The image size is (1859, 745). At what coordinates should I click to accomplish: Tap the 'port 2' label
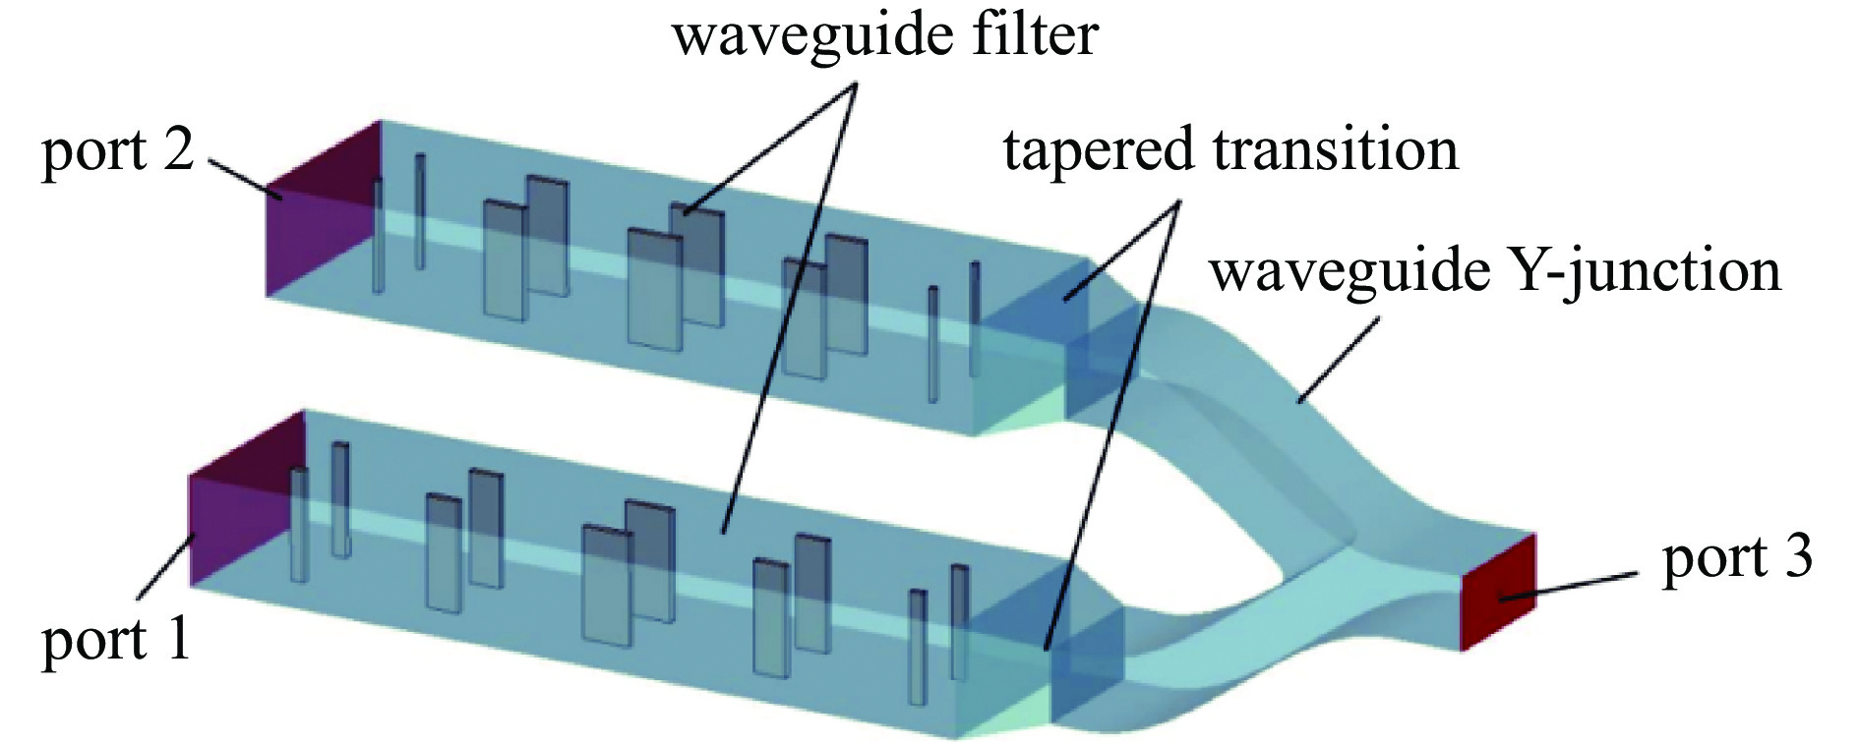pos(118,152)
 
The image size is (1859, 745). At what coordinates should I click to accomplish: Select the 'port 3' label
pos(1736,558)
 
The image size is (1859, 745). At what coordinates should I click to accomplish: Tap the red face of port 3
pos(1498,593)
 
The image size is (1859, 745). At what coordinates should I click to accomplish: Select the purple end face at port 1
pos(241,511)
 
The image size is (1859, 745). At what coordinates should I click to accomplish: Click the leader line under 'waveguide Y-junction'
pos(1338,360)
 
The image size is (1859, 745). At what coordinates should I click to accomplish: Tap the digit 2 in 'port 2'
pos(178,152)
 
